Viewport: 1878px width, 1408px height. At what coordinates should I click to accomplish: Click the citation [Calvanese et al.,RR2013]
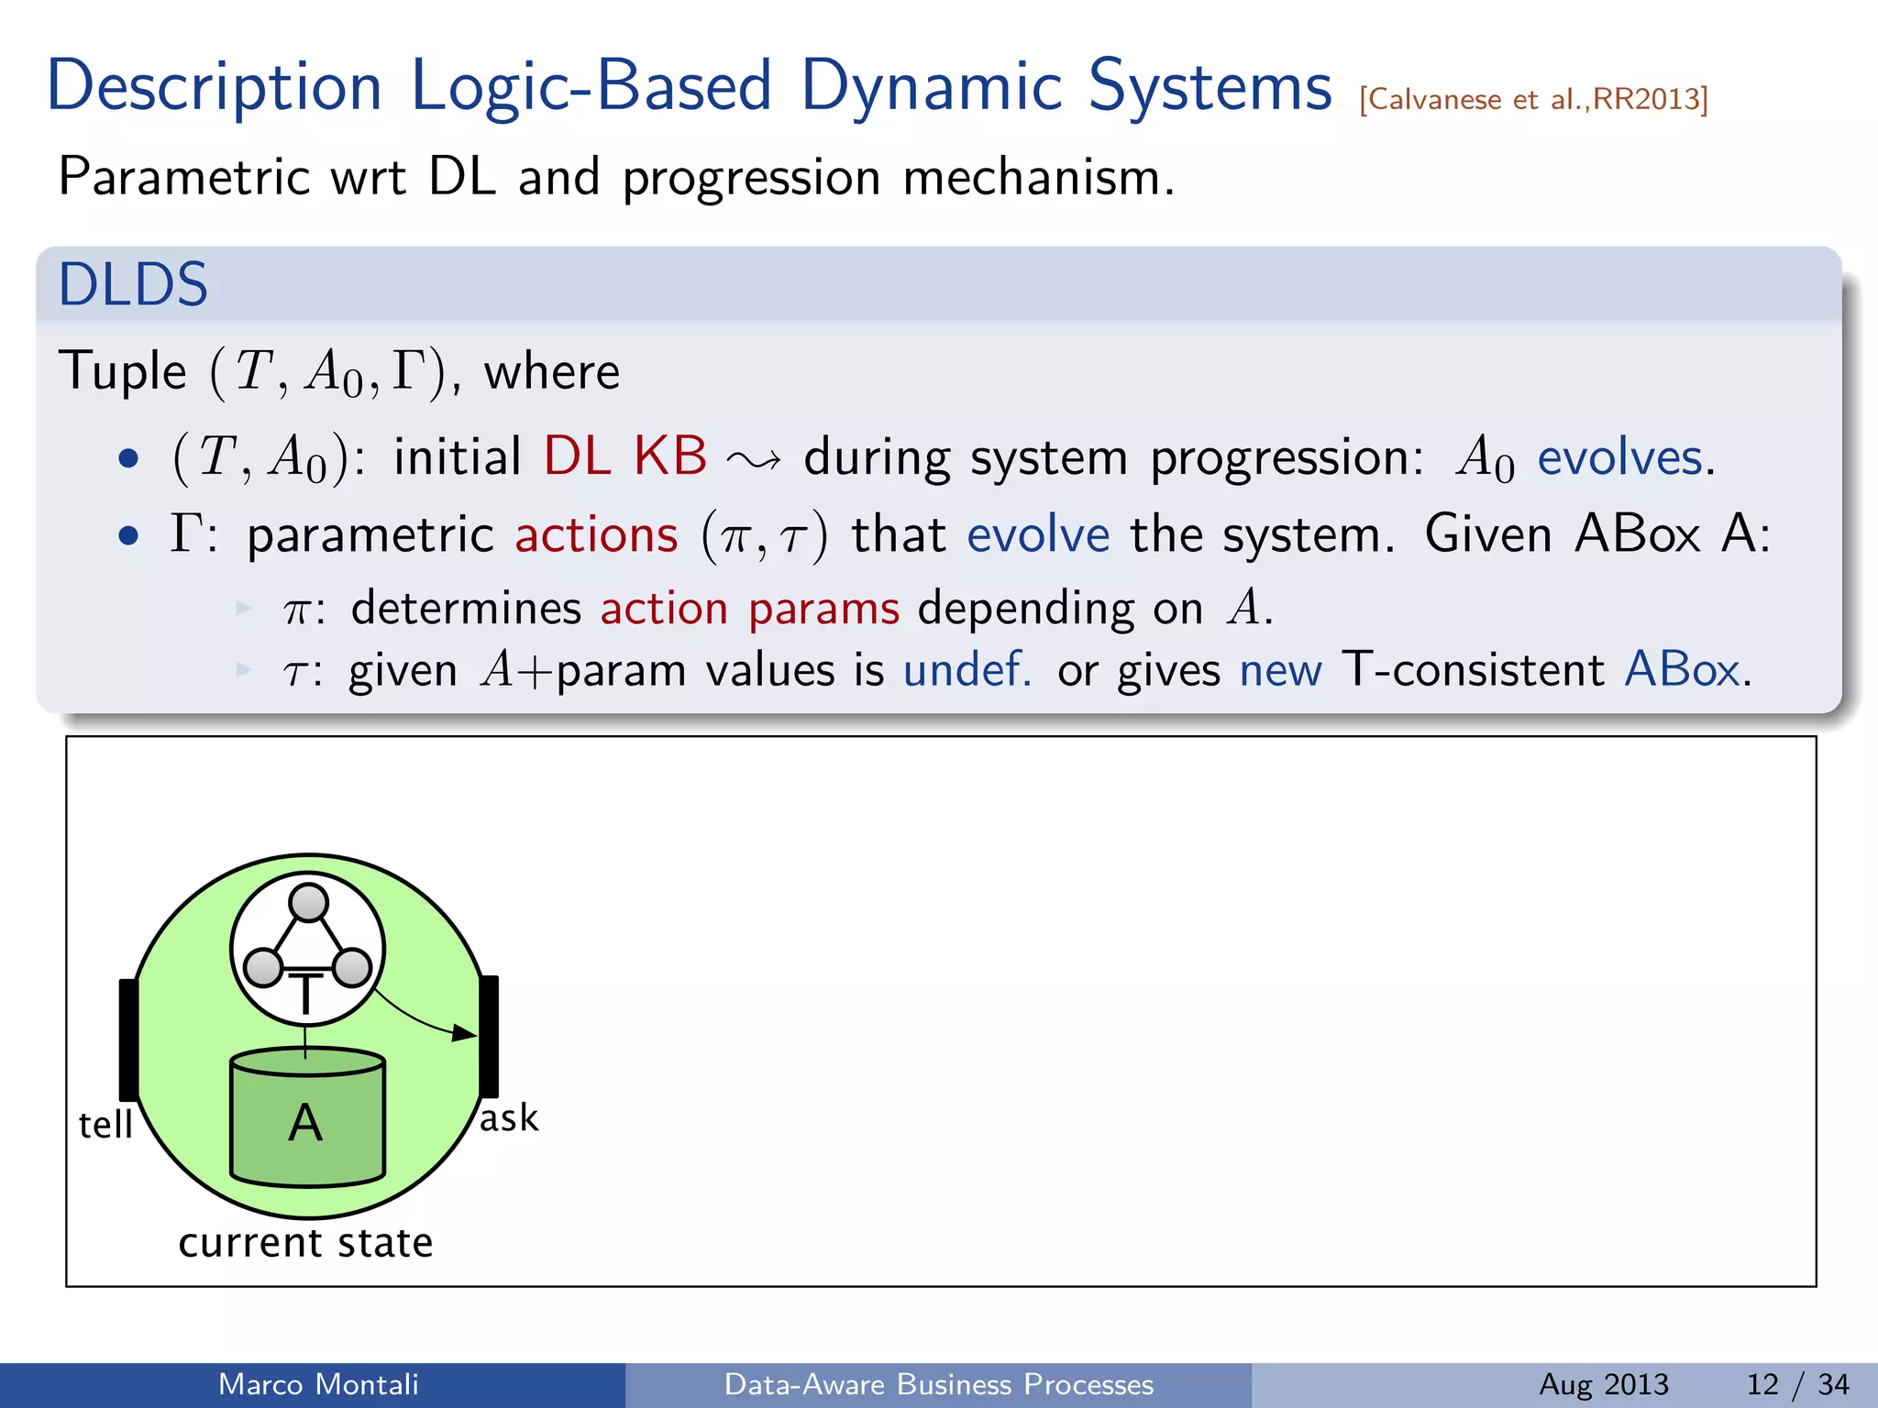pyautogui.click(x=1533, y=99)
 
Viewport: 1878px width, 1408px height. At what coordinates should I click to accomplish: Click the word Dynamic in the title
pyautogui.click(x=930, y=87)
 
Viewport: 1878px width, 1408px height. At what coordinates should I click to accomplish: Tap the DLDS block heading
pyautogui.click(x=134, y=284)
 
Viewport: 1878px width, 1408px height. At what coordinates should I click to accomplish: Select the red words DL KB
pyautogui.click(x=625, y=456)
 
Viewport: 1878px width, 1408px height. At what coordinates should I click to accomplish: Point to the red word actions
pyautogui.click(x=596, y=534)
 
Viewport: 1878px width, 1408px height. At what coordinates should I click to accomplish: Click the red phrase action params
pyautogui.click(x=750, y=608)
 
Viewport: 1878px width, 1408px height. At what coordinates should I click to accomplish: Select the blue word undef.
pyautogui.click(x=967, y=669)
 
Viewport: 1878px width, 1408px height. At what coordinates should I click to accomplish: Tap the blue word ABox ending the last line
pyautogui.click(x=1682, y=669)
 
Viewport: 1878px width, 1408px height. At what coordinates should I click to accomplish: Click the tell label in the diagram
pyautogui.click(x=105, y=1125)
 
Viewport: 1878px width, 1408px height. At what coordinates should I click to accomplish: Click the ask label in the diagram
pyautogui.click(x=509, y=1118)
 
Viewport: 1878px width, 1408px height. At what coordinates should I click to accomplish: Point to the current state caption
pyautogui.click(x=305, y=1243)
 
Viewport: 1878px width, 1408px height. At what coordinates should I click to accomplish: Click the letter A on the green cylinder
pyautogui.click(x=305, y=1123)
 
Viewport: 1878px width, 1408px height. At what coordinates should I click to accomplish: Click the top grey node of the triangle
pyautogui.click(x=308, y=902)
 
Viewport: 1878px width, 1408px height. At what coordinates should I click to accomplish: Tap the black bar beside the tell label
pyautogui.click(x=128, y=1039)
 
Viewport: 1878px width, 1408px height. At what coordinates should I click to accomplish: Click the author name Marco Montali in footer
pyautogui.click(x=318, y=1384)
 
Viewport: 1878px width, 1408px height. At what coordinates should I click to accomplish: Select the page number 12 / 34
pyautogui.click(x=1797, y=1384)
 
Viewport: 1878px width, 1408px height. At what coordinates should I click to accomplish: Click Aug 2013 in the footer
pyautogui.click(x=1604, y=1384)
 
